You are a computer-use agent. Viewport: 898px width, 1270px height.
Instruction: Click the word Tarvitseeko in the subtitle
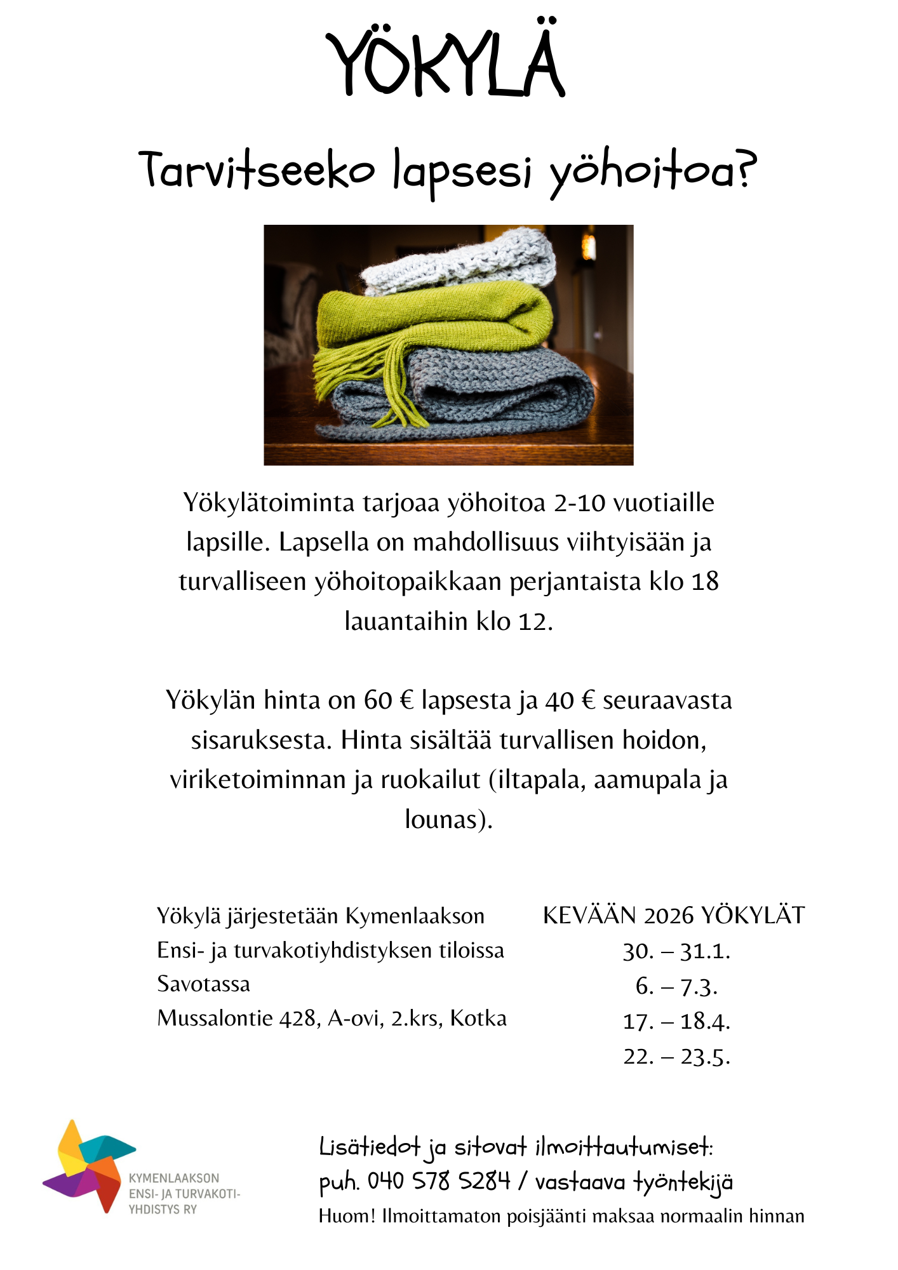[x=257, y=170]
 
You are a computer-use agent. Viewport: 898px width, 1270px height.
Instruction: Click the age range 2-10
[x=579, y=503]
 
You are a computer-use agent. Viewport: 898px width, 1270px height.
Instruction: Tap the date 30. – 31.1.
[x=676, y=951]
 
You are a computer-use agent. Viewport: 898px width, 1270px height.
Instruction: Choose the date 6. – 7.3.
[x=676, y=986]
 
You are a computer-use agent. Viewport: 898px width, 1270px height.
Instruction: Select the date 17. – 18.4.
[x=676, y=1021]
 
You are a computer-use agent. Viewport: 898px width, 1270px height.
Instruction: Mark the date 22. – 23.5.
[x=676, y=1056]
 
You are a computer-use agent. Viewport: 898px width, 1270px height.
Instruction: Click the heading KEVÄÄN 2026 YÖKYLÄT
[x=674, y=916]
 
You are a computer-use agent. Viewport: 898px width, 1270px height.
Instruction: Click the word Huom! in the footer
[x=347, y=1216]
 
